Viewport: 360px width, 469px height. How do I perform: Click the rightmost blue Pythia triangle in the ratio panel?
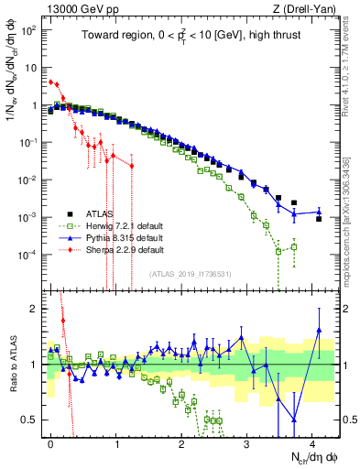tap(319, 331)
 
